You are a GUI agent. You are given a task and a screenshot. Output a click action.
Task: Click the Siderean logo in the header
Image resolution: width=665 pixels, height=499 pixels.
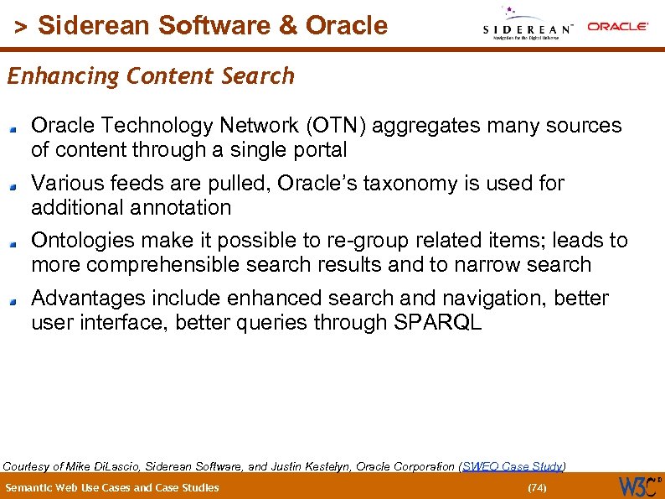coord(528,25)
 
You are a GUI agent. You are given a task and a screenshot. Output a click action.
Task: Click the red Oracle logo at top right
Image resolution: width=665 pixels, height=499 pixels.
coord(617,27)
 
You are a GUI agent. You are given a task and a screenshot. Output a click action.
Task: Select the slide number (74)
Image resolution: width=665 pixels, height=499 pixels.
coord(535,487)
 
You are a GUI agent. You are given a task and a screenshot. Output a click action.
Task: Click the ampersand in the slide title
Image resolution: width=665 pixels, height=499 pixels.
coord(288,26)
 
